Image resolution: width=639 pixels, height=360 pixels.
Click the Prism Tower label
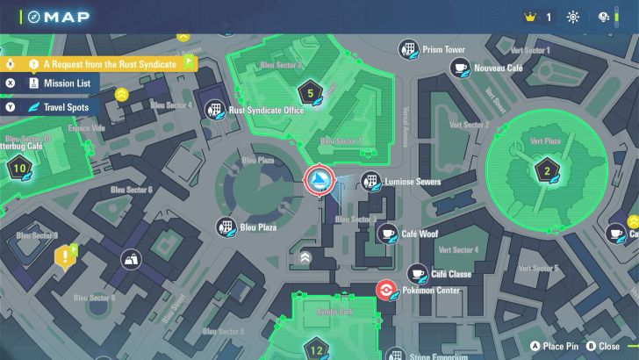click(x=443, y=49)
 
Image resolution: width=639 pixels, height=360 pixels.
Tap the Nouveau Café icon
click(x=458, y=68)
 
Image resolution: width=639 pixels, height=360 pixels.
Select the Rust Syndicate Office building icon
click(x=213, y=110)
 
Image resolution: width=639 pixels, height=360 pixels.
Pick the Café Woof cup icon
click(x=387, y=234)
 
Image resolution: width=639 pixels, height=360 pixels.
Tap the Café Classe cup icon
click(x=418, y=274)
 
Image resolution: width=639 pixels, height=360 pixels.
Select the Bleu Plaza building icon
click(x=225, y=227)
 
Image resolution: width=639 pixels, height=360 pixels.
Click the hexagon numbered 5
click(x=309, y=92)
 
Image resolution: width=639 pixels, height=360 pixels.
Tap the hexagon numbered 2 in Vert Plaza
click(x=547, y=170)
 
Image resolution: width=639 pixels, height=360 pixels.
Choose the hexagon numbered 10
click(x=19, y=168)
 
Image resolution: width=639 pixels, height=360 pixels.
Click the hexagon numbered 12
click(x=317, y=349)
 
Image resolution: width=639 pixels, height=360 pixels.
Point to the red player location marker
click(x=318, y=181)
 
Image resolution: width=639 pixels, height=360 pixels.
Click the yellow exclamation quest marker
click(x=64, y=257)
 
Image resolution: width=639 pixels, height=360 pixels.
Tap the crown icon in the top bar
click(x=529, y=17)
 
